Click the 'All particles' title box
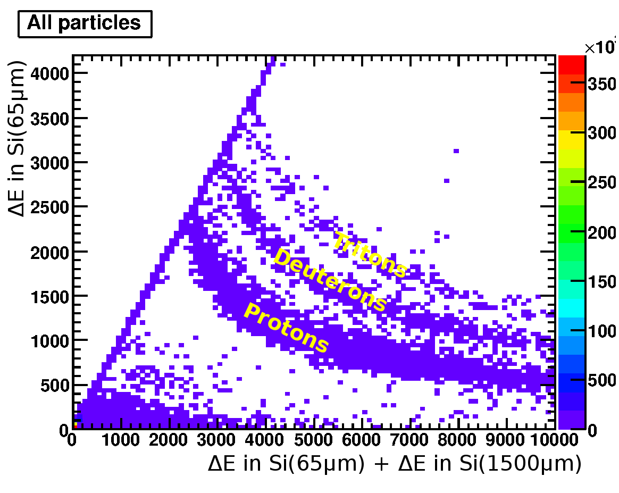(x=85, y=23)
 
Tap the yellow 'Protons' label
(x=286, y=328)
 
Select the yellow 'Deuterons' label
(x=330, y=280)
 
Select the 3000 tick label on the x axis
(x=217, y=441)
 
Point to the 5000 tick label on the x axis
(x=314, y=441)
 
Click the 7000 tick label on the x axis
(x=411, y=441)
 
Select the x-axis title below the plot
(x=394, y=464)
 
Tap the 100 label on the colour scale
(x=604, y=331)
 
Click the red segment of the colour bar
(x=571, y=64)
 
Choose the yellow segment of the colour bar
(x=571, y=139)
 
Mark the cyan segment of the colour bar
(x=571, y=308)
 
